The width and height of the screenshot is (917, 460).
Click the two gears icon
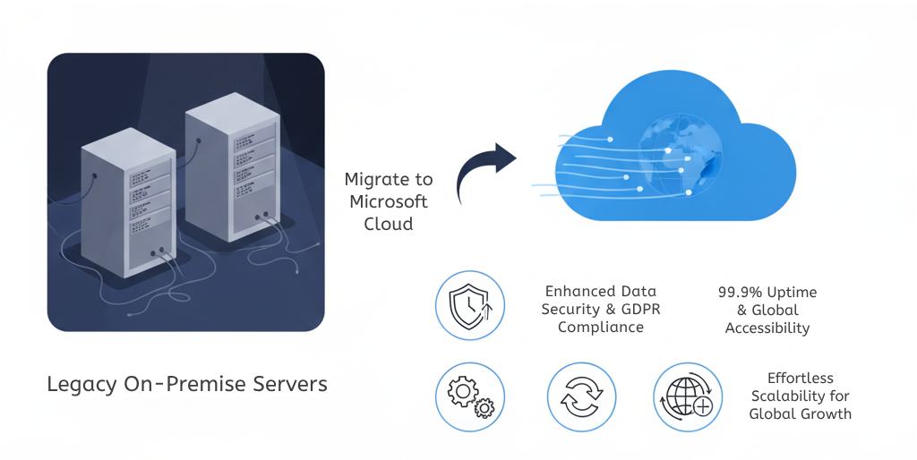(x=470, y=396)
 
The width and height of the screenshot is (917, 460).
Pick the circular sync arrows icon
(x=582, y=396)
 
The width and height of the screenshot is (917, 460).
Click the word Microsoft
(x=388, y=201)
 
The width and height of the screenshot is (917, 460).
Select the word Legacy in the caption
(x=81, y=385)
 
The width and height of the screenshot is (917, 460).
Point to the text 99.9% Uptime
(x=767, y=293)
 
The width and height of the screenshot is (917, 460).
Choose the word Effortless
(x=800, y=379)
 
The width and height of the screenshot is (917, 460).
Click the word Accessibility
(x=767, y=328)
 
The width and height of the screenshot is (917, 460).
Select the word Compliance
(x=601, y=328)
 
